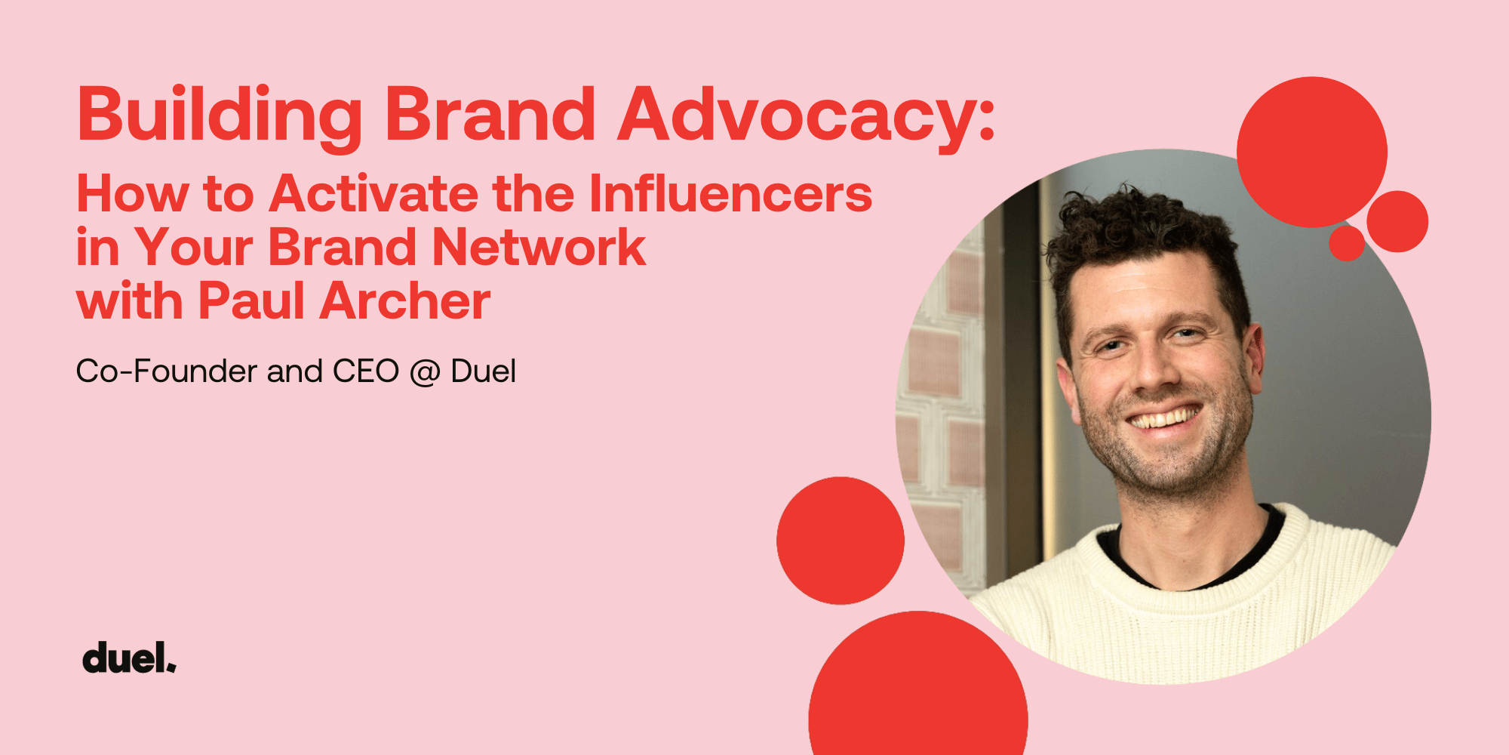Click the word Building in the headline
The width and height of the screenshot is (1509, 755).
[x=220, y=116]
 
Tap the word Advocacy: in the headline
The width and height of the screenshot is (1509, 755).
[x=807, y=116]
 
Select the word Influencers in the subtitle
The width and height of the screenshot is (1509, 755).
[x=730, y=193]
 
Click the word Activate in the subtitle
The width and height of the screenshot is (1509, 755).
[x=373, y=193]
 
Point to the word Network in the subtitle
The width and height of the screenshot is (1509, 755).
[x=539, y=247]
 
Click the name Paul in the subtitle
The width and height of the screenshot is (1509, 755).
[x=251, y=300]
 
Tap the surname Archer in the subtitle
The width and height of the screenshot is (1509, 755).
[x=405, y=300]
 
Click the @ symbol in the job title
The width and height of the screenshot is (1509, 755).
[x=425, y=373]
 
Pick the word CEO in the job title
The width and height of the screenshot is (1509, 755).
[x=366, y=371]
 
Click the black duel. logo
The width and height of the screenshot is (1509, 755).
[x=129, y=658]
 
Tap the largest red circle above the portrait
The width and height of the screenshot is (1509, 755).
[x=1312, y=152]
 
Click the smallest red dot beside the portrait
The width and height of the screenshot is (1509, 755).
[x=1347, y=243]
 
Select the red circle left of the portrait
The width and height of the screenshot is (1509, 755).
[x=841, y=541]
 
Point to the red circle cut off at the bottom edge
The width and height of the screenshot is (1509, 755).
[x=918, y=687]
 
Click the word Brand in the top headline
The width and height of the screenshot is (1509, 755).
[x=490, y=116]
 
